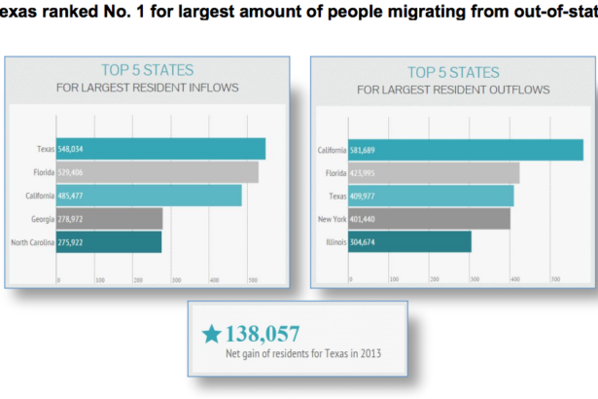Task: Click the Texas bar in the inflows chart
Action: (160, 149)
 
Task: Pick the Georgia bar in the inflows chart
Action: (110, 218)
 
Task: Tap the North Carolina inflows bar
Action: (110, 241)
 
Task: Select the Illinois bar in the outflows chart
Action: (409, 241)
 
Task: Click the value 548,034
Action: (78, 149)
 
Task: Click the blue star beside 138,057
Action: (211, 334)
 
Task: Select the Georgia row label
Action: (41, 218)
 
